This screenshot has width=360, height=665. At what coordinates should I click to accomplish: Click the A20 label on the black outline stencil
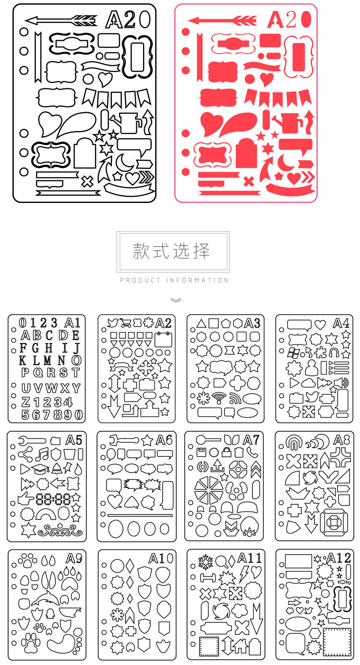point(128,20)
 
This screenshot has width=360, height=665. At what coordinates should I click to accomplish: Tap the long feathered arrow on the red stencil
point(222,21)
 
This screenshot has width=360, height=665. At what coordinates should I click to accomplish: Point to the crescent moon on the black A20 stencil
point(124,162)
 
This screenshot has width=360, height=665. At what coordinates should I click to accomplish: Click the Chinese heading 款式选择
point(171,250)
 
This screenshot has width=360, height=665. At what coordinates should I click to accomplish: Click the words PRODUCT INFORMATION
point(174,280)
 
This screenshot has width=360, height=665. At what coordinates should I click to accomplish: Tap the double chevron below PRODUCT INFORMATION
point(176,300)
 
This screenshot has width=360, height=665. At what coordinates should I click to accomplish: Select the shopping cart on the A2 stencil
point(126,323)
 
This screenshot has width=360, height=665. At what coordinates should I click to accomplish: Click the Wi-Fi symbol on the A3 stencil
point(219,398)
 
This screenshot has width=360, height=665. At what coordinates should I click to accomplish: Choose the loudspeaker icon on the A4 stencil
point(341,383)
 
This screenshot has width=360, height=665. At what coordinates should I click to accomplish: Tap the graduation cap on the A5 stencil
point(40,469)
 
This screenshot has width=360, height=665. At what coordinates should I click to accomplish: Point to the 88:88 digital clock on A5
point(53,499)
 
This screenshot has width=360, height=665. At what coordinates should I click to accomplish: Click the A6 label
point(164,440)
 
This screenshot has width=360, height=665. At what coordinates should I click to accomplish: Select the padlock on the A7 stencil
point(227,451)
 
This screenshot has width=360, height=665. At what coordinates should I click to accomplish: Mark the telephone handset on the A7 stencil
point(253,452)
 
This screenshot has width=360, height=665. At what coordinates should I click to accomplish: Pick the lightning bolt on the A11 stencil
point(244,573)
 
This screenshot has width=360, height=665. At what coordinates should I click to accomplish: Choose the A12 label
point(339,558)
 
